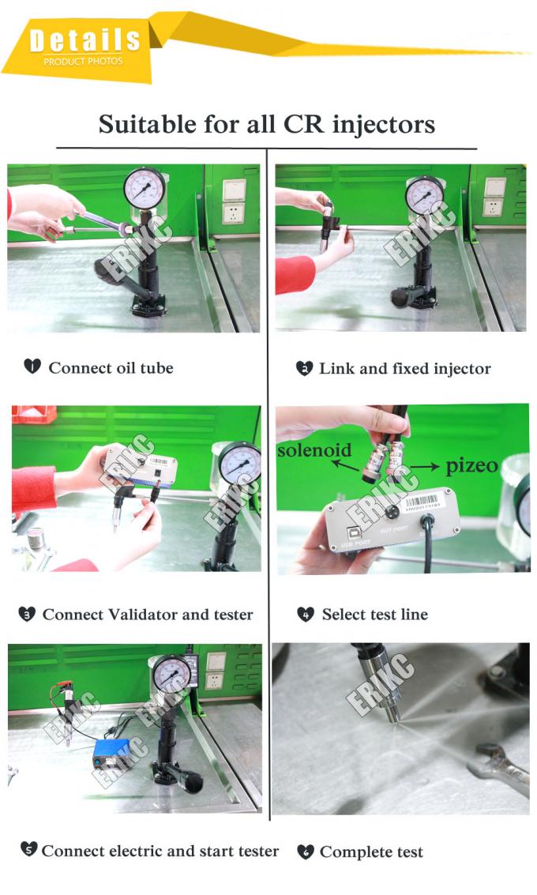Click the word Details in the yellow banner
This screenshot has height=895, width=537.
[84, 39]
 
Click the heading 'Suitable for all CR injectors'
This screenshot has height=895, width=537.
[267, 124]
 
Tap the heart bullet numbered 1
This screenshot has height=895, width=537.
[32, 366]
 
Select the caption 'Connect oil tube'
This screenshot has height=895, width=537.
[111, 367]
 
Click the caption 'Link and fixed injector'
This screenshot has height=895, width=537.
[404, 368]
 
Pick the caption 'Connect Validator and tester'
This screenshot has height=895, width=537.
[148, 614]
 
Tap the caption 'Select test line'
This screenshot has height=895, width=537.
[374, 614]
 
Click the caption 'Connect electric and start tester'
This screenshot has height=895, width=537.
[160, 851]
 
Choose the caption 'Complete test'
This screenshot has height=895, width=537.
[371, 852]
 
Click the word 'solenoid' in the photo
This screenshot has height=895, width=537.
[314, 449]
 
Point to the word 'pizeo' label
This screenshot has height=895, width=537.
[472, 465]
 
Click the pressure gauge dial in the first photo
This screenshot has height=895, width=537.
[145, 189]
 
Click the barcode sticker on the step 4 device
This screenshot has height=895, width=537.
[420, 503]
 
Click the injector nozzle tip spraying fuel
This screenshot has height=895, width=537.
[393, 716]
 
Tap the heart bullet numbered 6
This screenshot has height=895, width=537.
[306, 852]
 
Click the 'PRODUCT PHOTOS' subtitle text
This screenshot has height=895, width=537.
[83, 62]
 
